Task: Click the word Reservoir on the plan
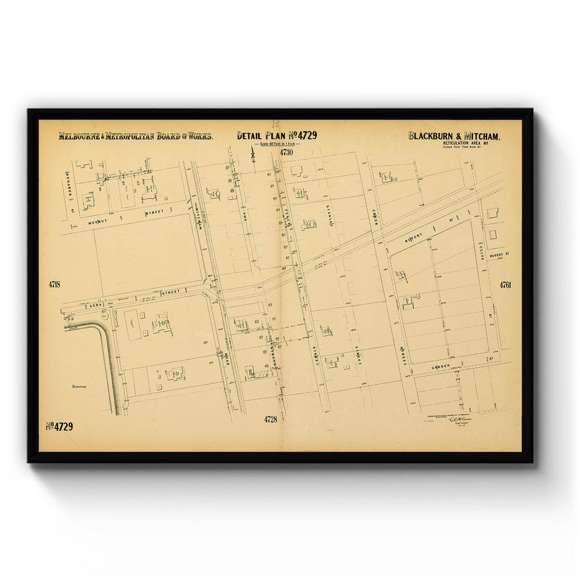coord(79,387)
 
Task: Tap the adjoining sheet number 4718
coord(54,285)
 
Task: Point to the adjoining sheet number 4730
coord(287,153)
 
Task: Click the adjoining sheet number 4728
coord(271,419)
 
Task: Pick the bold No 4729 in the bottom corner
coord(59,427)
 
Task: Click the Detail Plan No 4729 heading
coord(277,136)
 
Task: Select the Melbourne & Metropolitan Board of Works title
coord(136,136)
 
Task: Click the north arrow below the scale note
coord(253,155)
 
